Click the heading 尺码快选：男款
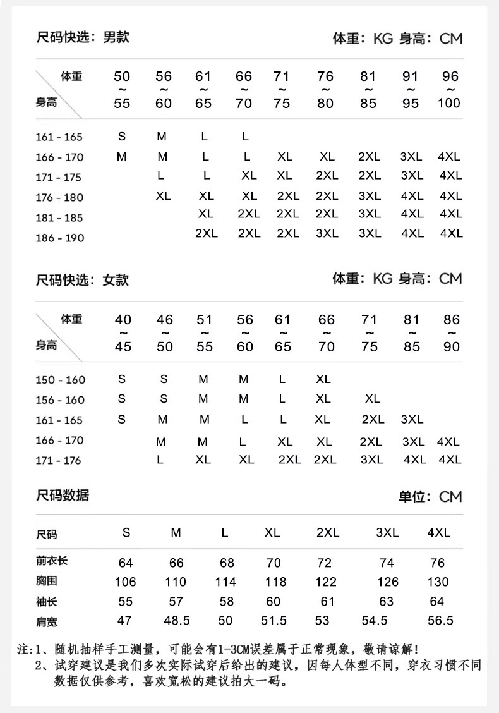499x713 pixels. [82, 37]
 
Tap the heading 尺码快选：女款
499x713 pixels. [82, 279]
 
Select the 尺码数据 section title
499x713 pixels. [63, 495]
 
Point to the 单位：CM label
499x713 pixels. [430, 497]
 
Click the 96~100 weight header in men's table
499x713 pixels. [450, 90]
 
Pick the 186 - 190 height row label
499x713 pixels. [59, 238]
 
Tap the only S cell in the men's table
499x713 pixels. [122, 136]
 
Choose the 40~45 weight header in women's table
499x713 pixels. [123, 333]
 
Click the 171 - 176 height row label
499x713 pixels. [59, 461]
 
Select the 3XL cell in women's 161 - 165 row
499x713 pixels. [412, 419]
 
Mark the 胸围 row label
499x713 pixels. [47, 580]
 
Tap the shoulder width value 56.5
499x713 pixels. [440, 621]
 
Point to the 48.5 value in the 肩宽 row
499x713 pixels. [177, 621]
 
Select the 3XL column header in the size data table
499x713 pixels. [387, 532]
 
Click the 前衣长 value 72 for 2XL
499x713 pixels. [324, 563]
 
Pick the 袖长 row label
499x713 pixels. [47, 601]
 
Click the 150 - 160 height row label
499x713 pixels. [59, 380]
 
